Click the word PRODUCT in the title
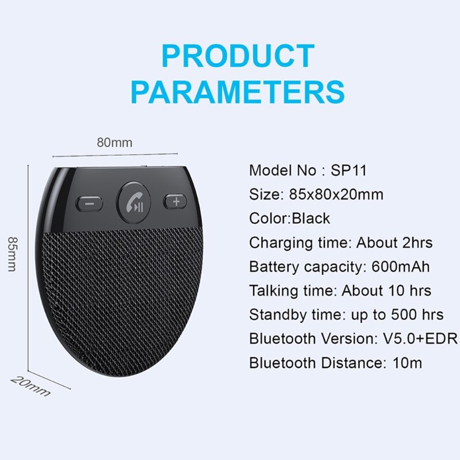(x=238, y=56)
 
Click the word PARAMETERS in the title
(x=238, y=91)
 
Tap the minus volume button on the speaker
(x=90, y=204)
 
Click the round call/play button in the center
(x=133, y=202)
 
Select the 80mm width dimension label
(x=114, y=143)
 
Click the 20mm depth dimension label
(x=30, y=386)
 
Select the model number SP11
(x=349, y=170)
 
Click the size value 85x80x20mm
(x=336, y=194)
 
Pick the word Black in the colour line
(x=311, y=218)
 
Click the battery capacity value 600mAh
(x=400, y=267)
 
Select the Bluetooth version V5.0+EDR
(x=420, y=339)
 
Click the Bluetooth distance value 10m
(x=407, y=363)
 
